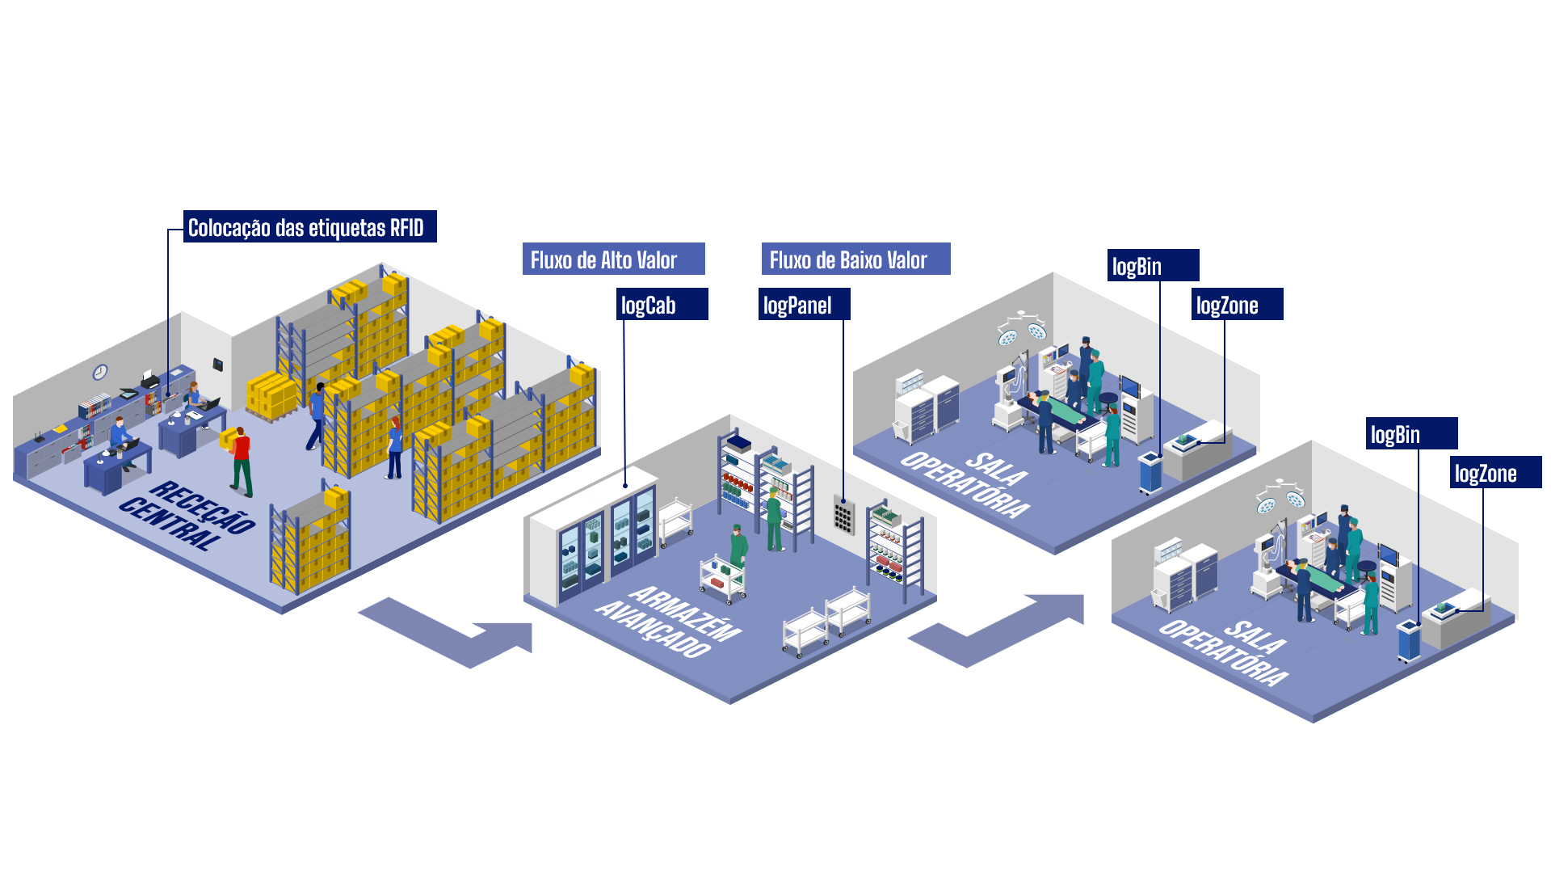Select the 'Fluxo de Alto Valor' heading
pos(613,259)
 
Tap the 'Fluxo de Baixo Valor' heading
pos(855,259)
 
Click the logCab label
pos(662,305)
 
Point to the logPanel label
pos(803,305)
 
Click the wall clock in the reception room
pos(100,372)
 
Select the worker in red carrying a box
pos(241,461)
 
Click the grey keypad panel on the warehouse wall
pos(843,515)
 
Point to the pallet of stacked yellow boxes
pos(271,396)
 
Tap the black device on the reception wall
pos(217,365)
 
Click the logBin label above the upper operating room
pos(1153,265)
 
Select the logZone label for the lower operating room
pos(1494,473)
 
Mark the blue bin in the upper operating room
pos(1150,473)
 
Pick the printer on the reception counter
pos(149,378)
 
